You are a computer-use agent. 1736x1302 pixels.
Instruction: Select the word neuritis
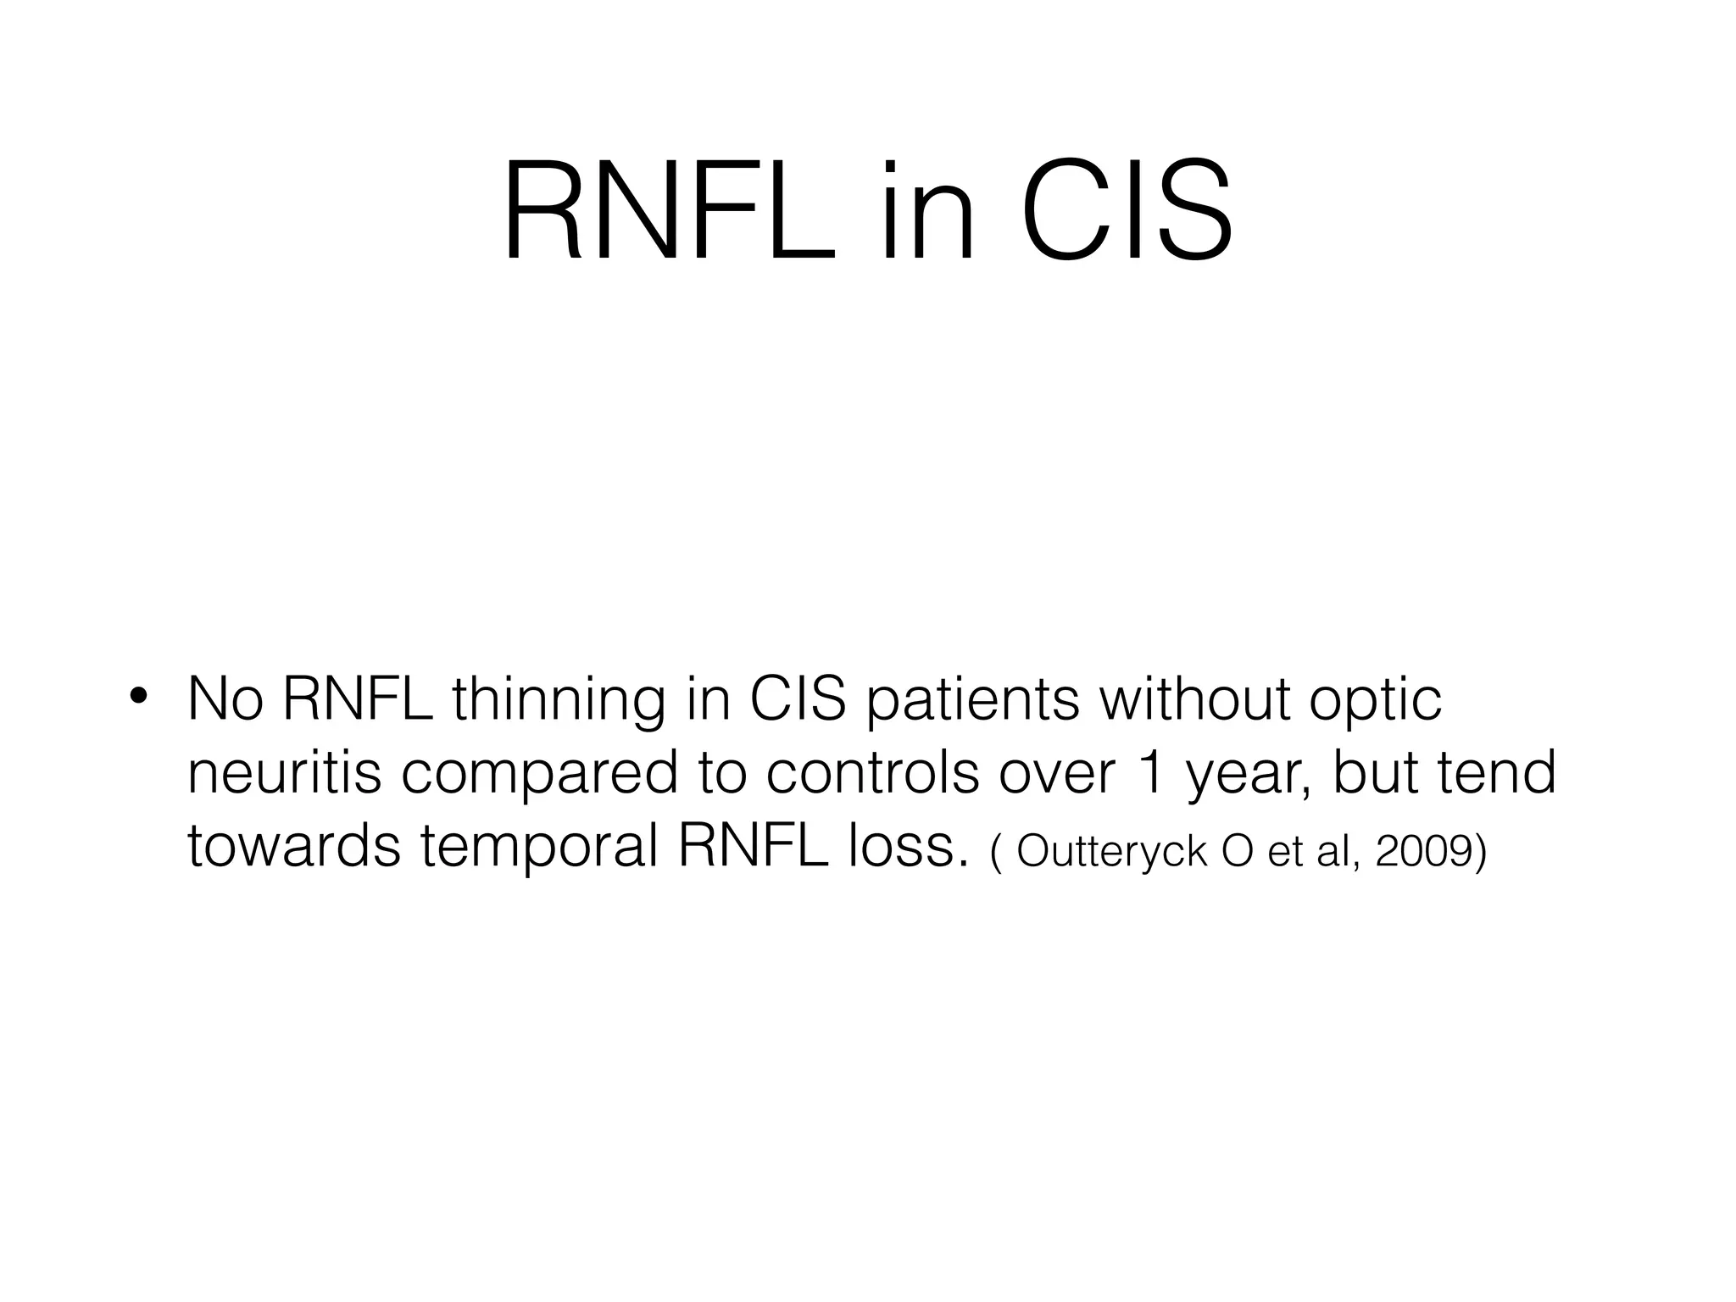[x=284, y=773]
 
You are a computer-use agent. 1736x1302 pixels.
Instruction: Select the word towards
[x=293, y=847]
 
